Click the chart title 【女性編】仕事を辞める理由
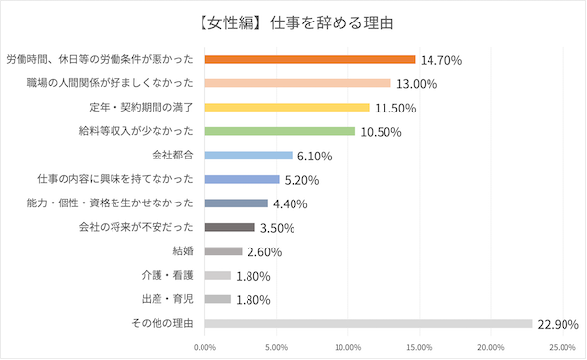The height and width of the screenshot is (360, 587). [x=293, y=22]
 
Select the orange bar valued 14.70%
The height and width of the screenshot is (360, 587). [x=310, y=59]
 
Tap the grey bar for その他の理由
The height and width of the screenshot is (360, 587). [x=368, y=323]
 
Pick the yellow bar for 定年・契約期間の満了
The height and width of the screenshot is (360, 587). [x=287, y=107]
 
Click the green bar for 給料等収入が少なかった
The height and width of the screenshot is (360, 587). [x=280, y=131]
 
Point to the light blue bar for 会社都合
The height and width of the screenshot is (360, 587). [x=248, y=155]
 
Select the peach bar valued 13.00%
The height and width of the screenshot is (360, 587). [x=297, y=83]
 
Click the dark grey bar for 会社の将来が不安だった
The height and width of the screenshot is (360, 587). [x=230, y=227]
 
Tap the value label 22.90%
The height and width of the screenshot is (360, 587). [x=560, y=324]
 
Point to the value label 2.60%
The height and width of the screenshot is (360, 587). [x=265, y=251]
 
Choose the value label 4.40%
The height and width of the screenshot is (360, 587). [x=291, y=203]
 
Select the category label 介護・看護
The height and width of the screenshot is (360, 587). [x=169, y=275]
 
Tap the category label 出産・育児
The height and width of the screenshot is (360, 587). [x=169, y=298]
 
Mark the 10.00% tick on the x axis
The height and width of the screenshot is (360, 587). [x=347, y=346]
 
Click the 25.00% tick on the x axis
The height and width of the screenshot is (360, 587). [x=562, y=346]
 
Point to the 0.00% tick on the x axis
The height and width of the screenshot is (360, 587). [x=205, y=346]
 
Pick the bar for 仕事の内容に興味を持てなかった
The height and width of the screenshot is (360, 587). [x=242, y=179]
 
